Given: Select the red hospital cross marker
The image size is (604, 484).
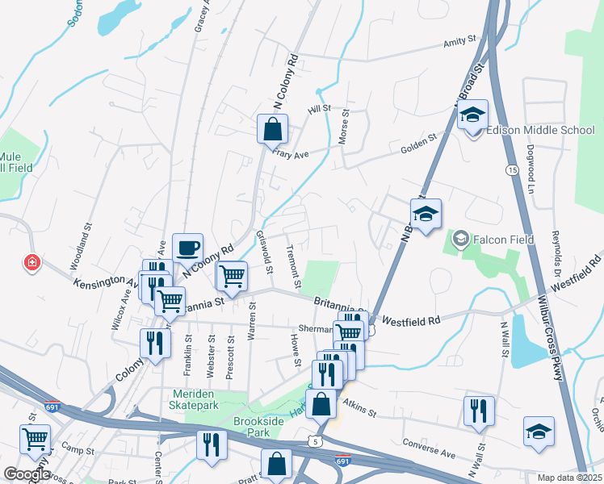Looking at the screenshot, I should point(31,264).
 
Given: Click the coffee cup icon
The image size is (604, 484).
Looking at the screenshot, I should point(188,247).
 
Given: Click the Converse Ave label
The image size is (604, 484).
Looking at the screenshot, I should point(430,444).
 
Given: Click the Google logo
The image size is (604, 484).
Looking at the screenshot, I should point(27,474).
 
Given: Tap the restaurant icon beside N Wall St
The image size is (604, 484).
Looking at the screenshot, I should point(479,411).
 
